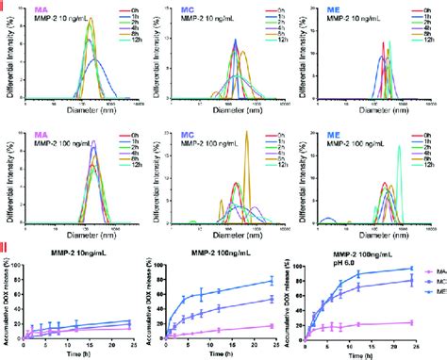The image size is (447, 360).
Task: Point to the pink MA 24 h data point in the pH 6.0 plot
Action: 412,322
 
